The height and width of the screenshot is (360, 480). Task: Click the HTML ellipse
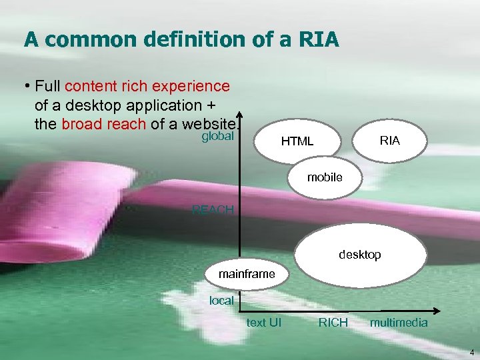pyautogui.click(x=297, y=141)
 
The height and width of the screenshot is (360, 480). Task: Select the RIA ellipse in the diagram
pyautogui.click(x=390, y=140)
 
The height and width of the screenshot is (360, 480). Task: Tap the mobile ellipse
pyautogui.click(x=325, y=177)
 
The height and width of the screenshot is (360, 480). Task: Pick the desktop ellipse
pyautogui.click(x=360, y=255)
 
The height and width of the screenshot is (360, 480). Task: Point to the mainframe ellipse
pyautogui.click(x=246, y=274)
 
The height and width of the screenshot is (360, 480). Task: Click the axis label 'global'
pyautogui.click(x=217, y=136)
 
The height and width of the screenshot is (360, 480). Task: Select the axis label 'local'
pyautogui.click(x=221, y=301)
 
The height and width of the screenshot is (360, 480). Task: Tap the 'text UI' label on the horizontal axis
pyautogui.click(x=264, y=323)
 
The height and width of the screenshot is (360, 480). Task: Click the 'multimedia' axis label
pyautogui.click(x=399, y=323)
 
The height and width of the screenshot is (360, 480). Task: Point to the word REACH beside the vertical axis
pyautogui.click(x=213, y=211)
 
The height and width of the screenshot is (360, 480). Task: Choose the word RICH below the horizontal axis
pyautogui.click(x=333, y=323)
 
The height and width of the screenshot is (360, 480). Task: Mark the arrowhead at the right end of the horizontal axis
pyautogui.click(x=437, y=311)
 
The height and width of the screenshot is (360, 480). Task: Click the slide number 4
pyautogui.click(x=471, y=351)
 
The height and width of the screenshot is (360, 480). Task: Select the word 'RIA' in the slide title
pyautogui.click(x=320, y=41)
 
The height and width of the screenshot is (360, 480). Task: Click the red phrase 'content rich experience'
pyautogui.click(x=148, y=86)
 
